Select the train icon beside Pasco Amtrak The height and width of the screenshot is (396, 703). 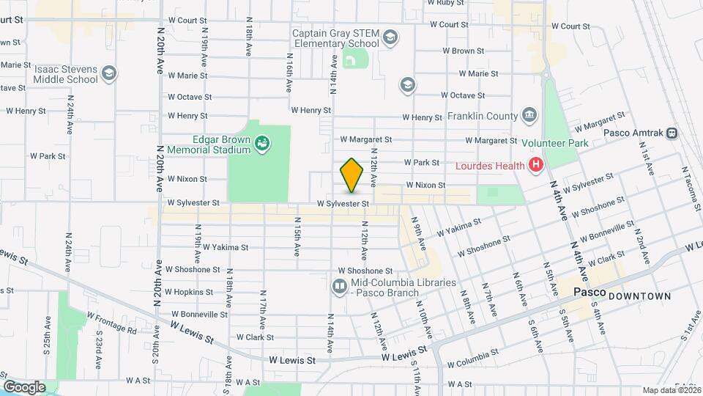[672, 133]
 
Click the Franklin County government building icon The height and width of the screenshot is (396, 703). [529, 115]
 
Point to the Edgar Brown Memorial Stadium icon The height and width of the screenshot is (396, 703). [261, 144]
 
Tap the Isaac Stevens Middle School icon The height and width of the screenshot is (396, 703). [109, 73]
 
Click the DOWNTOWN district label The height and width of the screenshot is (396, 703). [639, 296]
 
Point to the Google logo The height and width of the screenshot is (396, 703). [24, 386]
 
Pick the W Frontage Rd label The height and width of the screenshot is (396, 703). [111, 323]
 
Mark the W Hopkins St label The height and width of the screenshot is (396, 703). [189, 292]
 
